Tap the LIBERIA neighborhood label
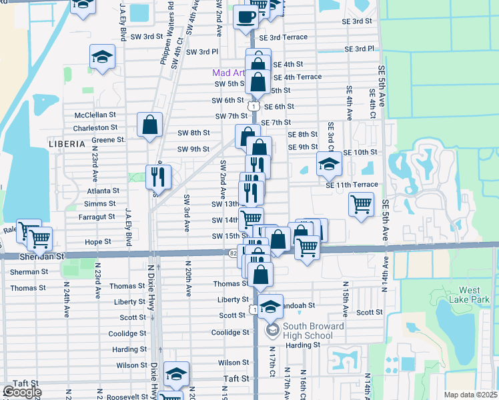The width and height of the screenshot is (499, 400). tap(67, 143)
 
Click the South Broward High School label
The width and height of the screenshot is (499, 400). tap(299, 331)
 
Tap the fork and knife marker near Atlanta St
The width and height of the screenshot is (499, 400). tap(158, 177)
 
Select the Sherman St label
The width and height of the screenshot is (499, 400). tap(29, 272)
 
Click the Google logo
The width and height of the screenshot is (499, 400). tap(22, 392)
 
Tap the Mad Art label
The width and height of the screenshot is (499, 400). tap(225, 73)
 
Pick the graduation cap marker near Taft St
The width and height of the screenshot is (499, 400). tap(177, 373)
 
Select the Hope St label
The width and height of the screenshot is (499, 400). tap(97, 242)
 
